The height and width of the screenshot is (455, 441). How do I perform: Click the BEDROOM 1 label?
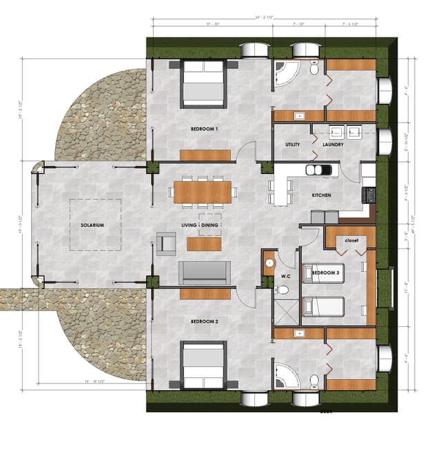click(x=204, y=129)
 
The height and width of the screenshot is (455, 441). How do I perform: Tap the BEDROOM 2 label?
click(x=204, y=321)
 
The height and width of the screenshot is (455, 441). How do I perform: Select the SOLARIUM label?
click(x=91, y=225)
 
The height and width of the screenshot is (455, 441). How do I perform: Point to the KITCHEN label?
click(x=321, y=195)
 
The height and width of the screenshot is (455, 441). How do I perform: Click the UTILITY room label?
click(x=292, y=145)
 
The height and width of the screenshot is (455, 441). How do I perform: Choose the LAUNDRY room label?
click(x=333, y=145)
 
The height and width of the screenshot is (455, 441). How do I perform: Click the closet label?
click(x=351, y=241)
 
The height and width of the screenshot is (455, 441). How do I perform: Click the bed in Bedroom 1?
click(x=203, y=84)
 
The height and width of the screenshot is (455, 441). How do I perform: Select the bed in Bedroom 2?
click(x=203, y=366)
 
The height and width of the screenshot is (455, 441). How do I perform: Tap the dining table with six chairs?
click(x=203, y=191)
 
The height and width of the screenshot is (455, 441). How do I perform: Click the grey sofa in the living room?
click(x=205, y=273)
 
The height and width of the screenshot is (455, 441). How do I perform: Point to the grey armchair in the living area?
click(x=166, y=243)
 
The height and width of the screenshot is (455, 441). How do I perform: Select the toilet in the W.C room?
click(x=282, y=290)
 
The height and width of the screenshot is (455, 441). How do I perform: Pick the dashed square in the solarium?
click(x=95, y=224)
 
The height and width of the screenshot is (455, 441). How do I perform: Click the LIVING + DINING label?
click(x=200, y=225)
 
